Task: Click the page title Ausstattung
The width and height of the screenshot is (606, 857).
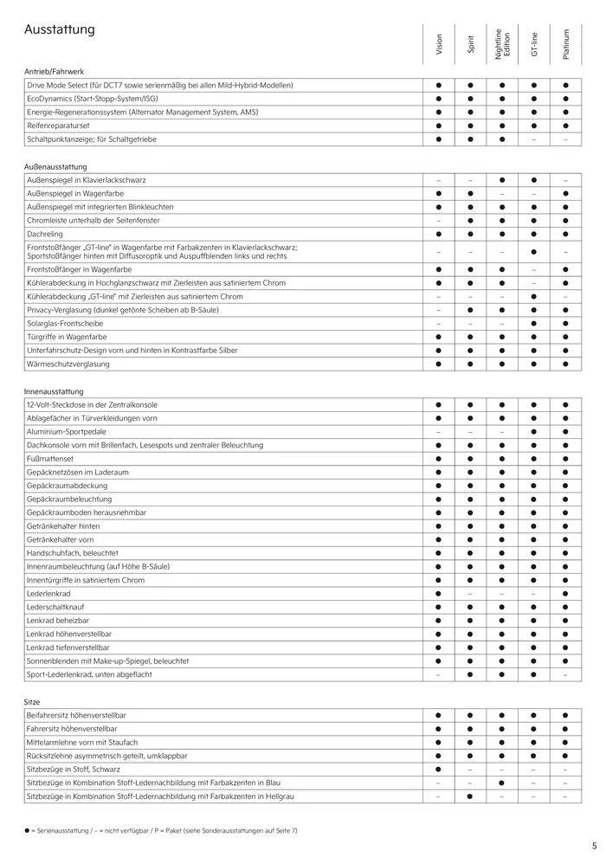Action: point(60,30)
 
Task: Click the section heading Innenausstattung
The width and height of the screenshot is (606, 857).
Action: point(55,391)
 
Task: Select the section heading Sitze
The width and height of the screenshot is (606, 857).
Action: point(33,701)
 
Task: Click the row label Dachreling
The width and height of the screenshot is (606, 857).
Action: point(46,234)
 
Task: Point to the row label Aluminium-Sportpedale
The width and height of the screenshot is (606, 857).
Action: point(67,431)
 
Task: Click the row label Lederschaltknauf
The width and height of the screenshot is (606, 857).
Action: point(59,607)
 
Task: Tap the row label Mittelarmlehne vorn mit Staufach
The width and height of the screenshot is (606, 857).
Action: point(82,742)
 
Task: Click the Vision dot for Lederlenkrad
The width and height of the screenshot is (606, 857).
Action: point(439,594)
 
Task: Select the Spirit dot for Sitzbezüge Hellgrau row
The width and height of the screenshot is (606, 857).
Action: point(471,796)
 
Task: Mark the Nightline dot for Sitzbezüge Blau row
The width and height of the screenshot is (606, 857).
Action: point(502,783)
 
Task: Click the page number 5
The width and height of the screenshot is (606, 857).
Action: point(594,846)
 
